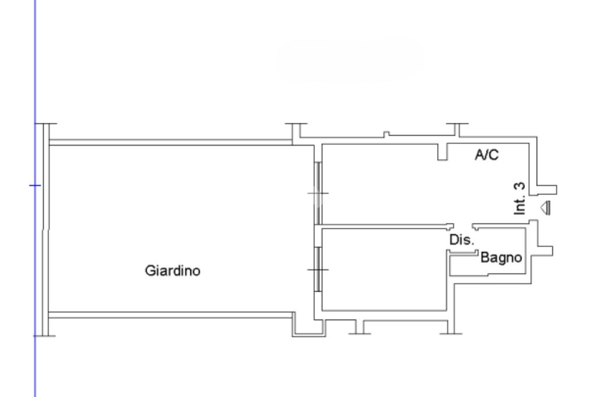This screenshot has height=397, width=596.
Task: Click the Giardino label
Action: click(172, 271)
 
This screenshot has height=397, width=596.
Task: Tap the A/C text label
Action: click(488, 154)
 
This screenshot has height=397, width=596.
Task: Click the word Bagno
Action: click(500, 257)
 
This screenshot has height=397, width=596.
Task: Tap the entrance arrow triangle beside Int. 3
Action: click(545, 207)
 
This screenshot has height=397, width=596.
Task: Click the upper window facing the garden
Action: click(317, 193)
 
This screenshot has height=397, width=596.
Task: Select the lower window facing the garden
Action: click(317, 271)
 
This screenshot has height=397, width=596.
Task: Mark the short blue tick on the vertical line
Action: click(36, 186)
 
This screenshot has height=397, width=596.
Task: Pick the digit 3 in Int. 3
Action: click(520, 187)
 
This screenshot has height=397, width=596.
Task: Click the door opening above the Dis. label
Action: click(463, 226)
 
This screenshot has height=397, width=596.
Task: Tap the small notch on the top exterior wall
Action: click(385, 135)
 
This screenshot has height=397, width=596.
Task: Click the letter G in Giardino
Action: click(148, 271)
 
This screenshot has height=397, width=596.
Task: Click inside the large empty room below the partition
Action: click(384, 268)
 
